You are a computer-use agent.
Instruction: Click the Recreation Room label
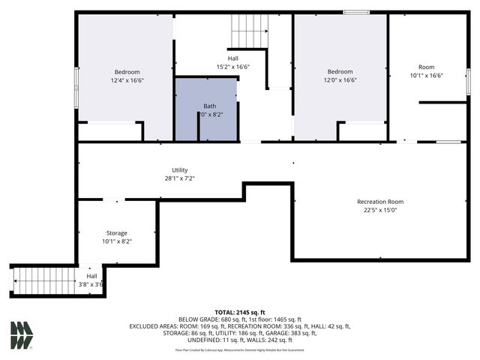coord(379,202)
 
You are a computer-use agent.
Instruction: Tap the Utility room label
coord(179,170)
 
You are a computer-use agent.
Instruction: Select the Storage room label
coord(116,233)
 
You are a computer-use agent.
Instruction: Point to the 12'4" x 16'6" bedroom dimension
coord(127,80)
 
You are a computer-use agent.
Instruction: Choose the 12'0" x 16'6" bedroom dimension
coord(340,80)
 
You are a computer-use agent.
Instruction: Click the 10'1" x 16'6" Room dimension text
coord(426,76)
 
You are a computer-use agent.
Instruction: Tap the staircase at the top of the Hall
coord(249,31)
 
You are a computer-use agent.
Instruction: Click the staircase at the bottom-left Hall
coord(45,281)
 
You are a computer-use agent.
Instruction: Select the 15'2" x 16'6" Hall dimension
coord(232,67)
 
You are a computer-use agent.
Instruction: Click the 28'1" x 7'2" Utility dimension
coord(179,178)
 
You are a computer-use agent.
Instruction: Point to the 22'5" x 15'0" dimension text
coord(379,210)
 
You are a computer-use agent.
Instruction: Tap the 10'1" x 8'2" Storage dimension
coord(116,241)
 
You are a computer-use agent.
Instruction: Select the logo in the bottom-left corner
coord(21,335)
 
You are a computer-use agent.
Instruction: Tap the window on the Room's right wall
coord(468,80)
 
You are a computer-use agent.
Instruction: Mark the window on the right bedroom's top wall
coord(355,12)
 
